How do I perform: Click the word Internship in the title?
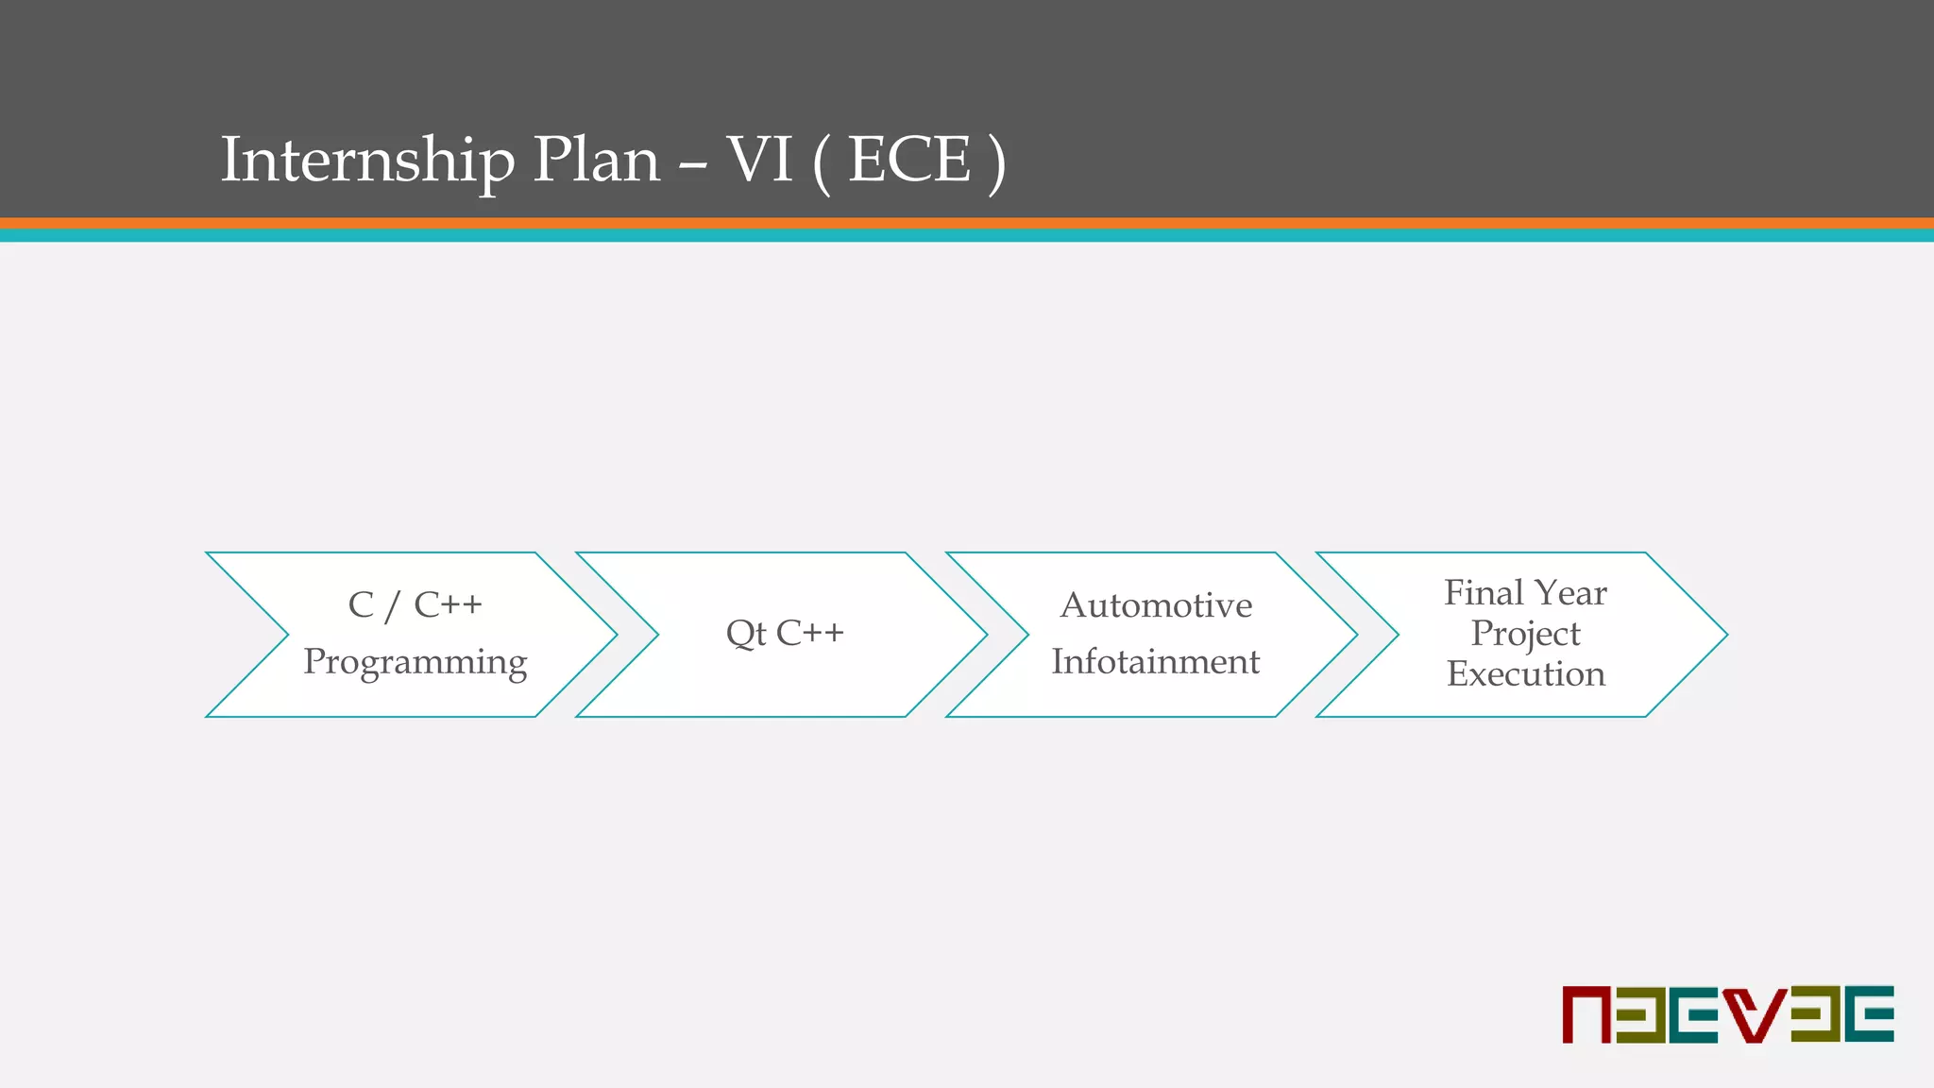pyautogui.click(x=367, y=161)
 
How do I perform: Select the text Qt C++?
pyautogui.click(x=785, y=633)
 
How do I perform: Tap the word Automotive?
pyautogui.click(x=1156, y=605)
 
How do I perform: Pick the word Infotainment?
pyautogui.click(x=1155, y=662)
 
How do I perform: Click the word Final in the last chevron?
pyautogui.click(x=1484, y=593)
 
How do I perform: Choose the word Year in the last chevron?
pyautogui.click(x=1571, y=593)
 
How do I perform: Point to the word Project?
pyautogui.click(x=1525, y=634)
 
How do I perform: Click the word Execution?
pyautogui.click(x=1525, y=674)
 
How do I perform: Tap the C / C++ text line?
pyautogui.click(x=415, y=605)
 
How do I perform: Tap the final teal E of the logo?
pyautogui.click(x=1871, y=1014)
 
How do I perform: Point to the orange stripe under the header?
pyautogui.click(x=967, y=223)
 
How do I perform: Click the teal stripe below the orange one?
pyautogui.click(x=967, y=235)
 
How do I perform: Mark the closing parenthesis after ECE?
pyautogui.click(x=995, y=162)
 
